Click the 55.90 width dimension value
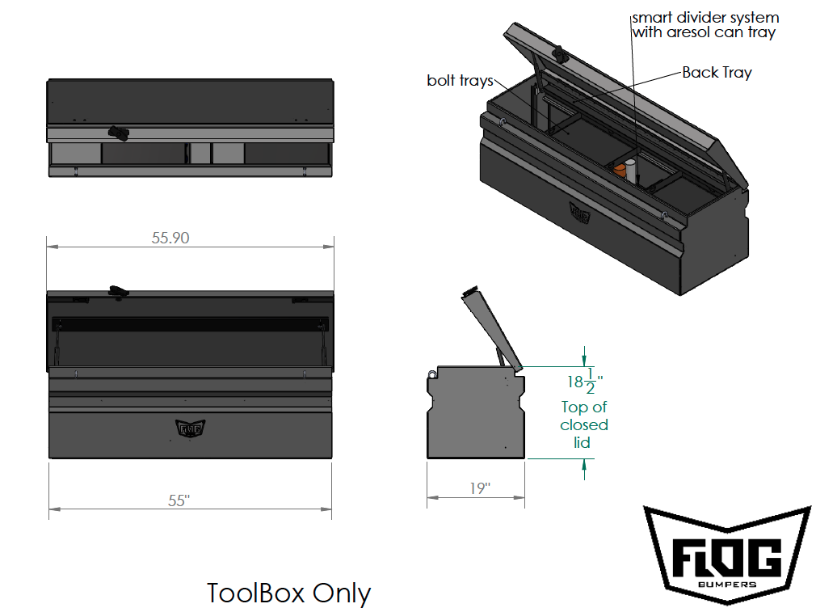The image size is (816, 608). tap(170, 238)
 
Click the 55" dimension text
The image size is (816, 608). tap(179, 500)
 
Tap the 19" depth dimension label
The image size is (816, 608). tap(480, 488)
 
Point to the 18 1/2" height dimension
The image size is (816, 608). tap(585, 382)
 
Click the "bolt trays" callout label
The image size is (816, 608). tap(460, 80)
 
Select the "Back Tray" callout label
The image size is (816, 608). tap(717, 73)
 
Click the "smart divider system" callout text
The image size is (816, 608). tap(705, 18)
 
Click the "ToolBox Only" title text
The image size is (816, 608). tap(288, 593)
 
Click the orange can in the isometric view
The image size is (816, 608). tap(620, 171)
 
